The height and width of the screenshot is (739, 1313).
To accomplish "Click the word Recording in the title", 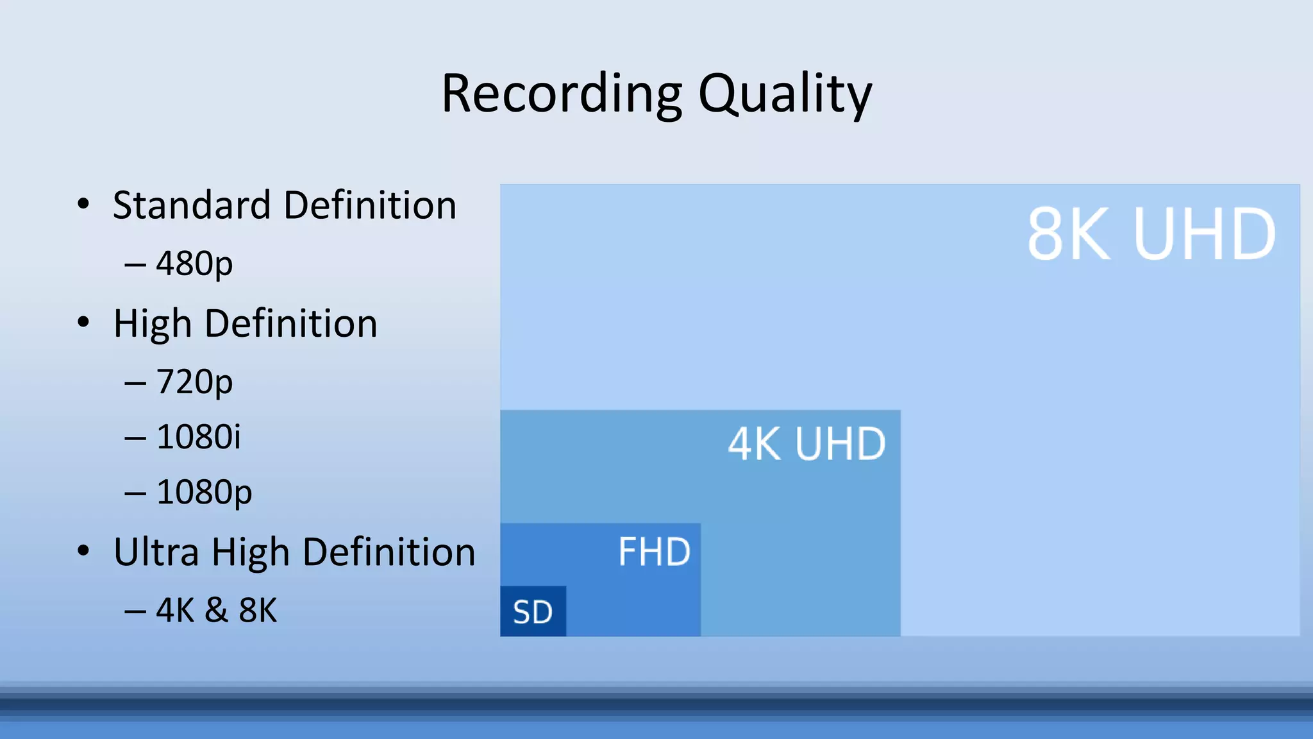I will coord(562,94).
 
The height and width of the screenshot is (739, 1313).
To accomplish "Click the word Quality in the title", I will coord(785,94).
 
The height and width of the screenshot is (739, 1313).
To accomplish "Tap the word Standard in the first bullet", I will coord(192,205).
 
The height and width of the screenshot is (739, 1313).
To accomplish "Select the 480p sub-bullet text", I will coord(194,264).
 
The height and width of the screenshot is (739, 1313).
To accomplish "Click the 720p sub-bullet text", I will coord(194,382).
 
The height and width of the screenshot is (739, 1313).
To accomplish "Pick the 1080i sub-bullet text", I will coord(199,437).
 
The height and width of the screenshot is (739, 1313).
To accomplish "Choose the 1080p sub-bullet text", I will coord(204,493).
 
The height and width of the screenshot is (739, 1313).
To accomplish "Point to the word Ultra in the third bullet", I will coord(156,552).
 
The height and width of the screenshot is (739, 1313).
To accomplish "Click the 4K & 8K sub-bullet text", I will coord(217,610).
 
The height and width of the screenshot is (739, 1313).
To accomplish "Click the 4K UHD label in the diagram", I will coord(807,444).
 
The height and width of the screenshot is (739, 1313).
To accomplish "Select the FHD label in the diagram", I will coord(654,552).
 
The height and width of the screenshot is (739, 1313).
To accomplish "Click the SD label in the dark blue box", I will coord(533,613).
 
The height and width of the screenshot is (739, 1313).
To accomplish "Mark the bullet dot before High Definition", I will coord(83,322).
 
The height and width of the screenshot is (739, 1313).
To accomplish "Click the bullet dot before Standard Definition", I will coord(83,204).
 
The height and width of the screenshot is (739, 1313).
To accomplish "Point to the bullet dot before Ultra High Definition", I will coord(83,550).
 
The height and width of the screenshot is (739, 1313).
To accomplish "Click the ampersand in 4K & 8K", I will coord(217,610).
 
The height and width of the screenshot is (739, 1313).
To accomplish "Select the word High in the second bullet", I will coord(153,323).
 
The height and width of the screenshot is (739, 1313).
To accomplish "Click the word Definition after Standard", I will coord(370,205).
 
